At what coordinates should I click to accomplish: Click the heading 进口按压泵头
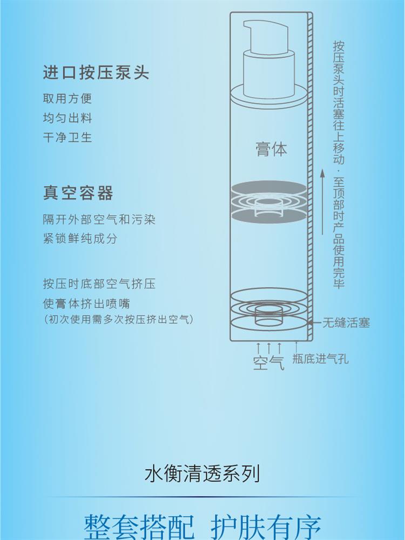point(96,73)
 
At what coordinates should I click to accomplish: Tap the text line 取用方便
point(67,98)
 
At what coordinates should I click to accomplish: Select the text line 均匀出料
point(67,118)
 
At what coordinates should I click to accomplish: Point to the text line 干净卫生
point(67,137)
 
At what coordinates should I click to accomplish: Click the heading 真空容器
point(78,193)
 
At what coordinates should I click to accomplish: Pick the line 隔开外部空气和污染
point(99,219)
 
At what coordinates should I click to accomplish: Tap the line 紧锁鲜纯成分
point(80,238)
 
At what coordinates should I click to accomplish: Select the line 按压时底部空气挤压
point(99,284)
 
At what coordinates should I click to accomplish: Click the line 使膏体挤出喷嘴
point(86,304)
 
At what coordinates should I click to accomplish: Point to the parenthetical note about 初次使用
point(119,319)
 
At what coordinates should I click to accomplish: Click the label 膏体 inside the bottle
point(271,149)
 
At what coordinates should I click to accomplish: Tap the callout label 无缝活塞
point(346,322)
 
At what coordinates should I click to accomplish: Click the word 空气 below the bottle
point(268,363)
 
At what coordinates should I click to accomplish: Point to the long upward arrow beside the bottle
point(322,202)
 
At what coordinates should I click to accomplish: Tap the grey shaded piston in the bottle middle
point(269,202)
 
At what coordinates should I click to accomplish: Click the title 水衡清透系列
point(202,473)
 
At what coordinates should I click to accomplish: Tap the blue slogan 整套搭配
point(139,527)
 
